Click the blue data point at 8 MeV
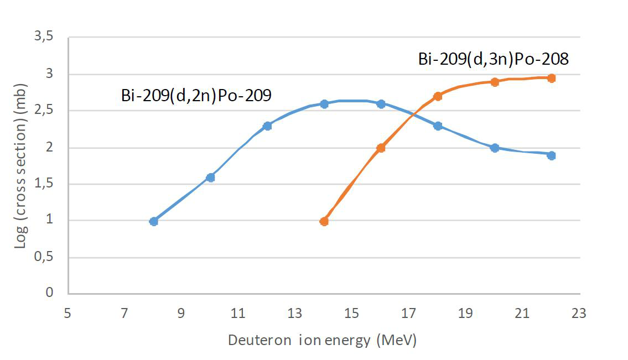[154, 221]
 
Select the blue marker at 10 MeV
[210, 178]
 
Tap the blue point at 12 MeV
[267, 126]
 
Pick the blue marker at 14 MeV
[324, 104]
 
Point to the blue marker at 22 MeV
[551, 155]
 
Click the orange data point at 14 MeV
[324, 221]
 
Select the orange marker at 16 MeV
[381, 148]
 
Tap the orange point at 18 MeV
[438, 96]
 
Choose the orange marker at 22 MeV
[551, 78]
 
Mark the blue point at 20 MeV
[495, 148]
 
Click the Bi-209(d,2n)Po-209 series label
[196, 96]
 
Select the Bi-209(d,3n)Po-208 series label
[494, 59]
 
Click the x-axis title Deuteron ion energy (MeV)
[322, 340]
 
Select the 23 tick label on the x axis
[579, 314]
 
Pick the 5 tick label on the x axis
[68, 314]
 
